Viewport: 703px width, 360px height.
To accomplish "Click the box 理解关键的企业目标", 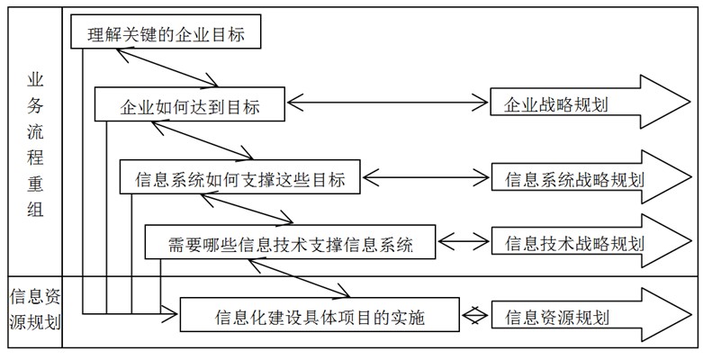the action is click(x=166, y=31).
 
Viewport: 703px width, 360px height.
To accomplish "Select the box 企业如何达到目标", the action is click(x=190, y=104).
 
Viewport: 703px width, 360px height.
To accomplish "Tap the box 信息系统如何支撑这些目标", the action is click(x=239, y=176).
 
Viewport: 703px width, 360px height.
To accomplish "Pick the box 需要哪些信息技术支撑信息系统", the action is click(x=290, y=241).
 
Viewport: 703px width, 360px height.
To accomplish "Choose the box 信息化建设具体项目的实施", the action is click(x=320, y=314).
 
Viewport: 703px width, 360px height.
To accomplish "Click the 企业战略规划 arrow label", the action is click(x=555, y=105).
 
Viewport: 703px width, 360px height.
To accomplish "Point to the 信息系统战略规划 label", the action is click(x=574, y=180).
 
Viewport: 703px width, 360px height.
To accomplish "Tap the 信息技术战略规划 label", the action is click(x=574, y=243).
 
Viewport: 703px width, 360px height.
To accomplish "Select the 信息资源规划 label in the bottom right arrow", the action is click(x=557, y=318).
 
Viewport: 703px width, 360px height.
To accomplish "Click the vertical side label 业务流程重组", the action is click(x=35, y=145).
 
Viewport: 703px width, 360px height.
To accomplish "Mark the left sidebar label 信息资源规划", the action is click(x=35, y=310).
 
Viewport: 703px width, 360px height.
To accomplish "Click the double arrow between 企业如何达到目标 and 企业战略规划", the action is click(x=387, y=103).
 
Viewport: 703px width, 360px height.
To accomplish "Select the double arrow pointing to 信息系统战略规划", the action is click(x=426, y=177).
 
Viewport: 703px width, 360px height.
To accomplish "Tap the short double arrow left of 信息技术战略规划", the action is click(x=464, y=242).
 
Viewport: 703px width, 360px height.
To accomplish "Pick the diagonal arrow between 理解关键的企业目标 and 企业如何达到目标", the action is click(x=167, y=67).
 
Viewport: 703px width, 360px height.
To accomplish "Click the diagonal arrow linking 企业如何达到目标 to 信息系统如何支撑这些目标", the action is click(x=203, y=140).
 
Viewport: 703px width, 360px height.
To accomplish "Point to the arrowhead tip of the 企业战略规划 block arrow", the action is click(x=690, y=103).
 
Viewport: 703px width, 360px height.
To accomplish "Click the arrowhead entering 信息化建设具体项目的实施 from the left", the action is click(x=170, y=314).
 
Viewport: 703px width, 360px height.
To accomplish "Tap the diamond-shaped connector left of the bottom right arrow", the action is click(x=475, y=315).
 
